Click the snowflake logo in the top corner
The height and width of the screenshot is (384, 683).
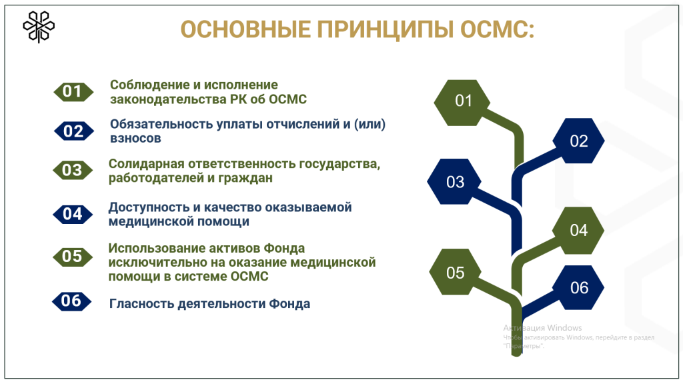click(x=39, y=27)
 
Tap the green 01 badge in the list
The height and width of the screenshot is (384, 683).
click(x=73, y=91)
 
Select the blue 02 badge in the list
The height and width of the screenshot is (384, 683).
click(x=73, y=131)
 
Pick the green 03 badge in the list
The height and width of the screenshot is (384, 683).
click(x=72, y=170)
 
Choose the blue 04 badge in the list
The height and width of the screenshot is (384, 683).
click(x=72, y=214)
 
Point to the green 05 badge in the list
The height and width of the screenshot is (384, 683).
click(x=72, y=257)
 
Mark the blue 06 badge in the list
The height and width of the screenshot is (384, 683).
click(x=71, y=301)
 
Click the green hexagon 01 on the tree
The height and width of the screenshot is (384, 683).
click(x=462, y=103)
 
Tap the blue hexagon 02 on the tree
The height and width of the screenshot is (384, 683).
click(x=578, y=141)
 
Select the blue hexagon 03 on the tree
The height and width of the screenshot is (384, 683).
click(x=454, y=181)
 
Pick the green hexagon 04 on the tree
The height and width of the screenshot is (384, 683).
click(x=578, y=230)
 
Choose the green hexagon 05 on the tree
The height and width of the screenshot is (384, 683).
click(x=455, y=272)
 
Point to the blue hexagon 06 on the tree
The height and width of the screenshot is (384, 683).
click(x=578, y=288)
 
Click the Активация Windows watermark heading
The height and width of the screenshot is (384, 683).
click(x=542, y=328)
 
